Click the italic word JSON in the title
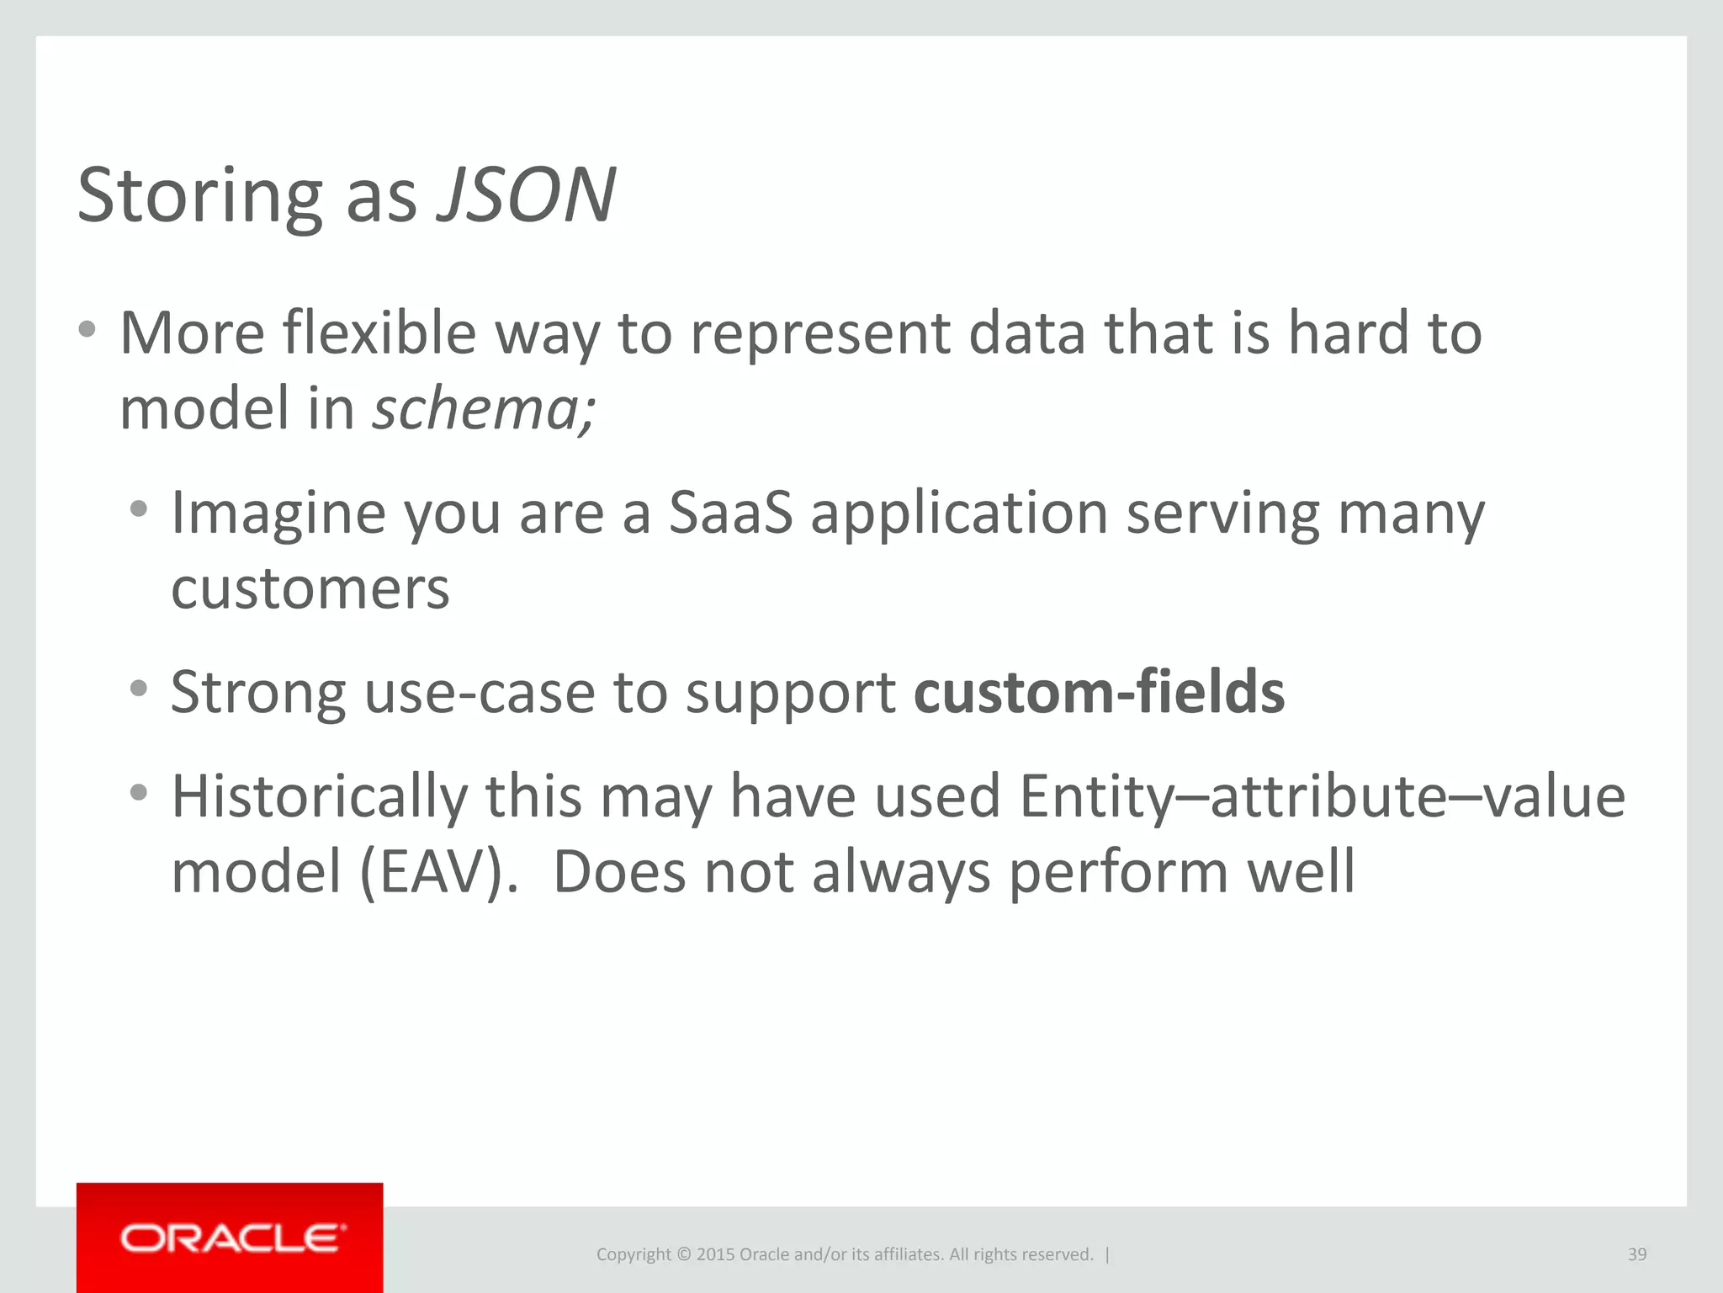pos(527,195)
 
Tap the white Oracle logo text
pos(232,1238)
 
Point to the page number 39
pos(1636,1254)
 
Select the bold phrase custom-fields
pos(1099,692)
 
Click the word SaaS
pos(730,513)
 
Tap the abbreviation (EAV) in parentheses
pos(437,871)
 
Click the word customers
pos(310,588)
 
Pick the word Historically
pos(319,796)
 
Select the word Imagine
pos(278,513)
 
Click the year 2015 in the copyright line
pos(715,1254)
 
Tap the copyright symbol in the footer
pos(683,1254)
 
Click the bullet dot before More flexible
pos(87,329)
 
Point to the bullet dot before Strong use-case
pos(139,689)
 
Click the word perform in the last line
pos(1118,872)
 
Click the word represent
pos(820,334)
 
